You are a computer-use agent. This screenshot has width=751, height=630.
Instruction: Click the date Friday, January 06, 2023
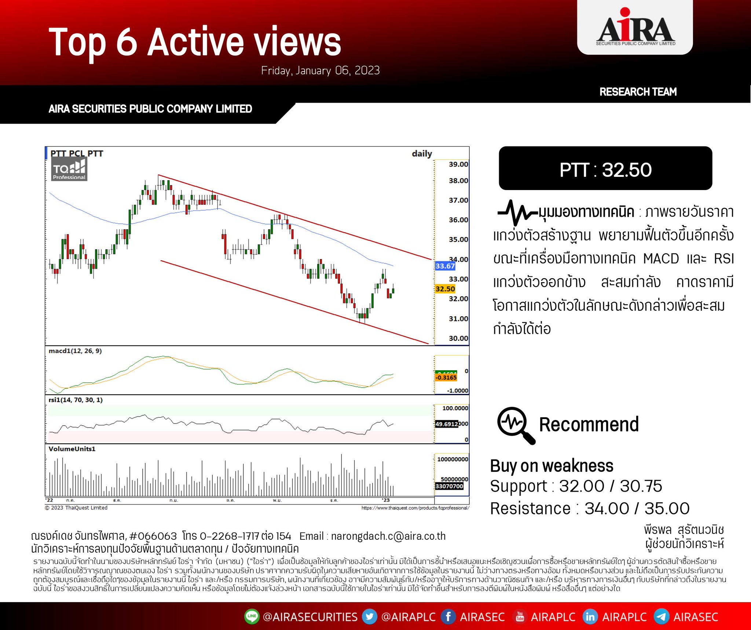tap(320, 70)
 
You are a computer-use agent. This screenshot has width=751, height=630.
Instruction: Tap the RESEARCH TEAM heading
tap(638, 92)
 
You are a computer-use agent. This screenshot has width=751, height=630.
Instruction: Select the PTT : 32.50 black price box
tap(605, 168)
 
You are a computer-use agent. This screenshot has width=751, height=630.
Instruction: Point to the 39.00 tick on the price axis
tap(458, 164)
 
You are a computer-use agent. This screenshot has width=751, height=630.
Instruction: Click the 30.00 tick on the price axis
tap(458, 338)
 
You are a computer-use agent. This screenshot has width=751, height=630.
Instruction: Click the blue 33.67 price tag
tap(445, 266)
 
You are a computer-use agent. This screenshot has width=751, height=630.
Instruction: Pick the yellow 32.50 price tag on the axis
tap(445, 289)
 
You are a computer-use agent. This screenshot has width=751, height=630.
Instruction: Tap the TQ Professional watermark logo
tap(69, 170)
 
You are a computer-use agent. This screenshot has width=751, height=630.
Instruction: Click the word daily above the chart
tap(422, 153)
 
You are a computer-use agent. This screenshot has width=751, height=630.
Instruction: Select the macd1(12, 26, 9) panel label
tap(75, 351)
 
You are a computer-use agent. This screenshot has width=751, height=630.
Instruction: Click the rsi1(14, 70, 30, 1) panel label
tap(76, 400)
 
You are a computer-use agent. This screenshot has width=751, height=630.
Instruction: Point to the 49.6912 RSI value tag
tap(446, 424)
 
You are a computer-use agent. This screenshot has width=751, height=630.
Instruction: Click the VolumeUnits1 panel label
tap(72, 449)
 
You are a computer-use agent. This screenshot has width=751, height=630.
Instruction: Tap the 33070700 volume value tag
tap(449, 486)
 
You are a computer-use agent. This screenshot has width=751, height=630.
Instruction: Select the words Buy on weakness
tap(552, 466)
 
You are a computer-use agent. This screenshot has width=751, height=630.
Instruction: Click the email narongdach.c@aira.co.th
tap(388, 536)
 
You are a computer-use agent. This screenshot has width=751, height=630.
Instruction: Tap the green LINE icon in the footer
tap(252, 616)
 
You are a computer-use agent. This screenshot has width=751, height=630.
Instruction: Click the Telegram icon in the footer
tap(661, 616)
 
